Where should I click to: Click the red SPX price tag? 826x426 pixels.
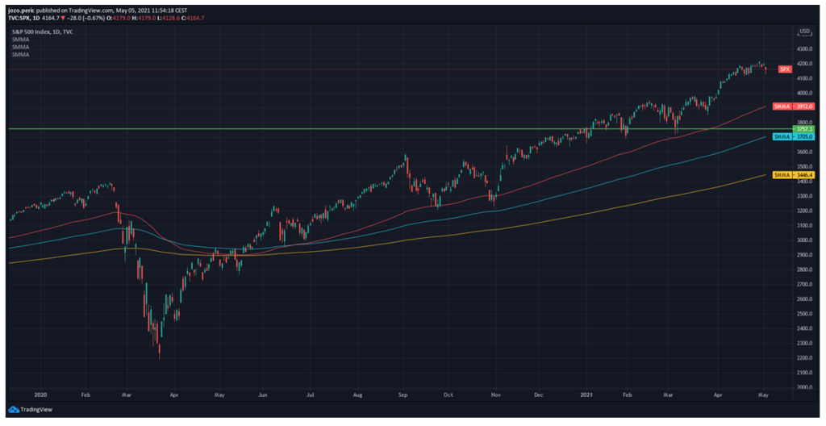pyautogui.click(x=784, y=70)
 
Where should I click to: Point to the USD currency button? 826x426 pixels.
pyautogui.click(x=804, y=31)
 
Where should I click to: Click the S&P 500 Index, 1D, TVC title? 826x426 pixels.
pyautogui.click(x=42, y=30)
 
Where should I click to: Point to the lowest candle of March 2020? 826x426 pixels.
pyautogui.click(x=160, y=353)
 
